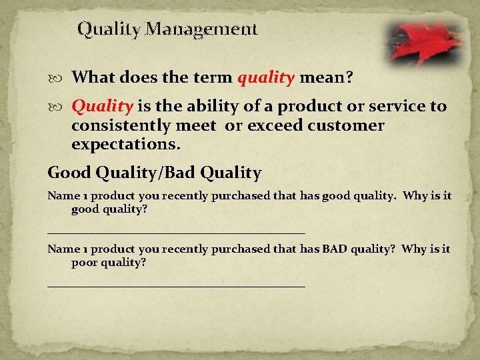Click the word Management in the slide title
[x=201, y=30]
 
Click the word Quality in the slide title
[x=109, y=30]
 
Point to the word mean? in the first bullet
[x=327, y=78]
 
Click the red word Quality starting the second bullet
[x=103, y=107]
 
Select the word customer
[x=350, y=125]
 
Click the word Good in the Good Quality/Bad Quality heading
[x=69, y=173]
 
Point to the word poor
[x=87, y=262]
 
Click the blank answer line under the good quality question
[x=176, y=232]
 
